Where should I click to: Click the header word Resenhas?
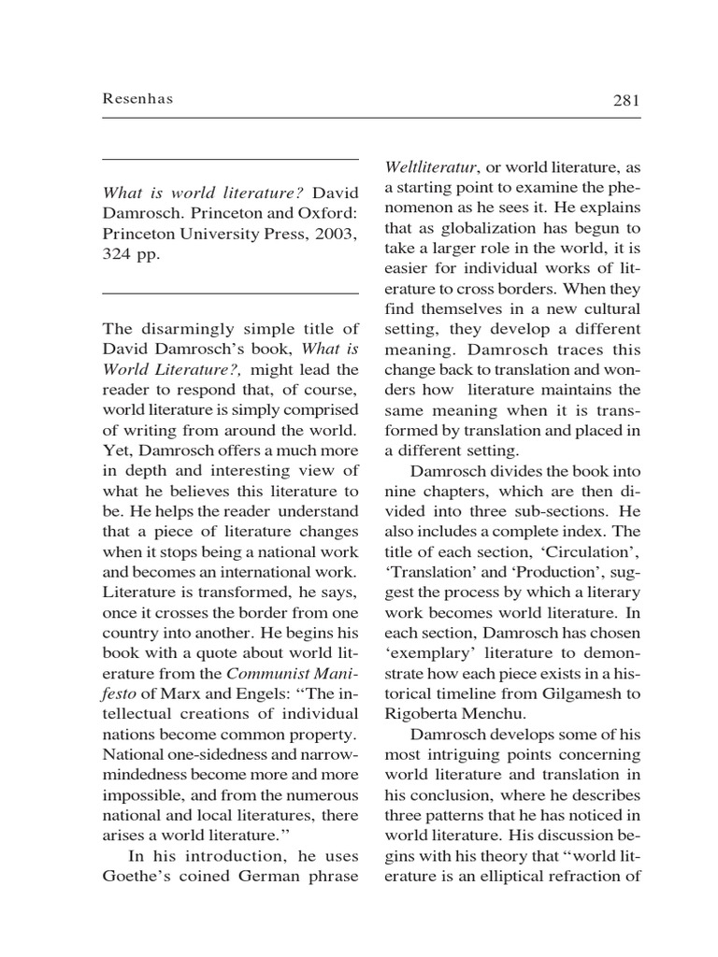[x=138, y=100]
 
